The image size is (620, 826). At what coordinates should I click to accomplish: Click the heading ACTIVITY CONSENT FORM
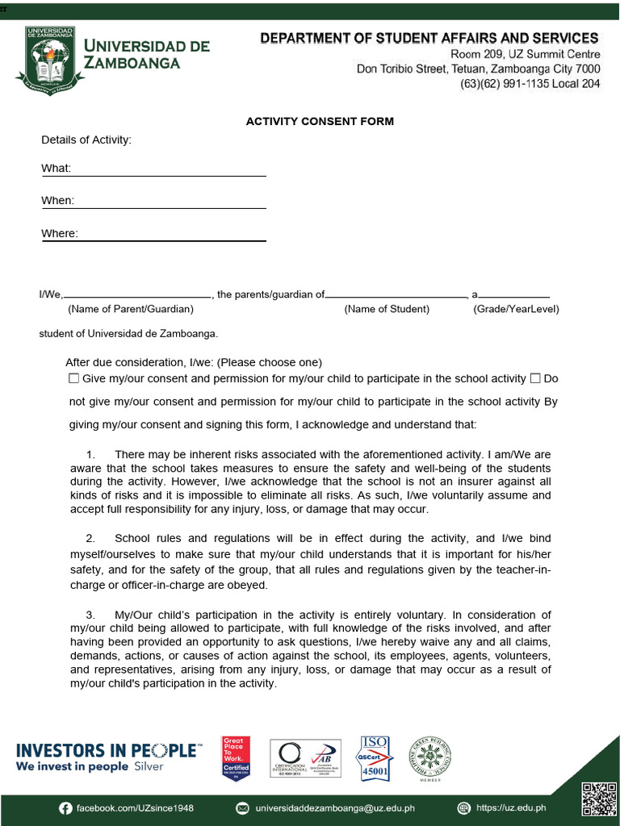click(320, 122)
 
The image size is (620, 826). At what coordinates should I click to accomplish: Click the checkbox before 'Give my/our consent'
click(74, 378)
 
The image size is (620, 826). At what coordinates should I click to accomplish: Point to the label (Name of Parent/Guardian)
click(130, 309)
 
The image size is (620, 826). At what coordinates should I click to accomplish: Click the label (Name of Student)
click(387, 309)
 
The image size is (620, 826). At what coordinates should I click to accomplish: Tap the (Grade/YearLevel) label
click(516, 309)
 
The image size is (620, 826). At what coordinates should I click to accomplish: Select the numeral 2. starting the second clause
click(90, 538)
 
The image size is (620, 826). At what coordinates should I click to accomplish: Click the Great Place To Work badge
click(236, 757)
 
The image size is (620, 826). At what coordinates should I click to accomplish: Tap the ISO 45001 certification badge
click(375, 757)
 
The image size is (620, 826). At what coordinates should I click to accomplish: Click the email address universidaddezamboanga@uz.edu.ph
click(335, 807)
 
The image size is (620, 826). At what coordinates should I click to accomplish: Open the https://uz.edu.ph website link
click(511, 807)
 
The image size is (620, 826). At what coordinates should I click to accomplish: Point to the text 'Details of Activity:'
click(86, 140)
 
